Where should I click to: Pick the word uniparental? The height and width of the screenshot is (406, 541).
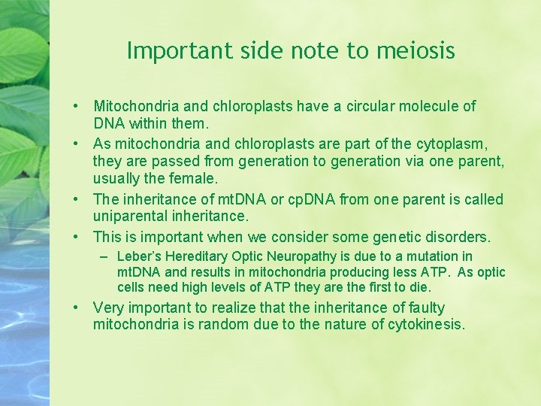132,216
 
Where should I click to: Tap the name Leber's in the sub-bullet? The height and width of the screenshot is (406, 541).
137,257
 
